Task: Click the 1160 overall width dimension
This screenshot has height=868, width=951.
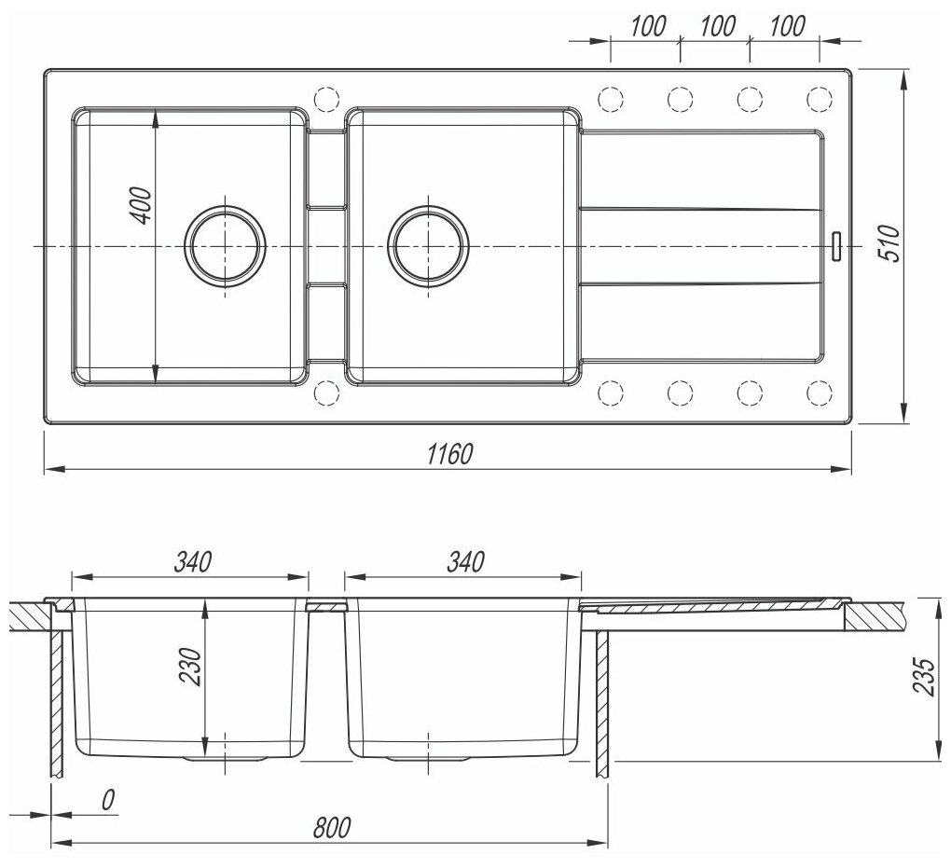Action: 449,453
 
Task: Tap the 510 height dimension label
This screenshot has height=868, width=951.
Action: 889,242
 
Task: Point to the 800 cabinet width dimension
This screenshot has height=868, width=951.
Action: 332,827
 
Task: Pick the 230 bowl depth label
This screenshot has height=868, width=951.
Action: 190,667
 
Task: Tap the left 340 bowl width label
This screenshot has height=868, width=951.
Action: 193,561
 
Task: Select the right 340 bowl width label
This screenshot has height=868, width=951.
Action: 466,561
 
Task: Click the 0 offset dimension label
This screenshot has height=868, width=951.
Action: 107,800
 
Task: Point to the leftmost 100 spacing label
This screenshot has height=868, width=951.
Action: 648,26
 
